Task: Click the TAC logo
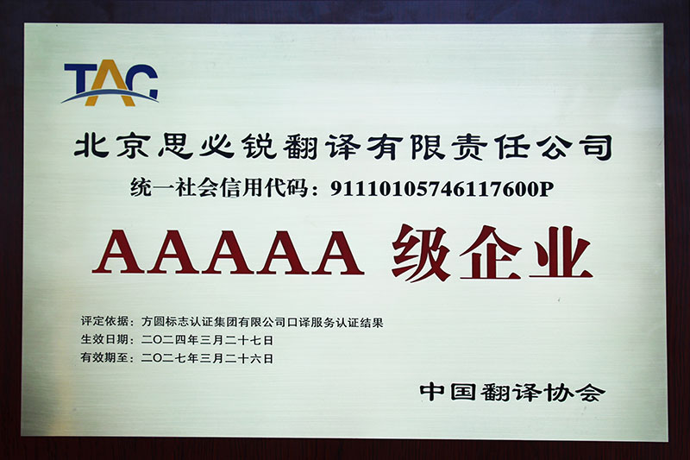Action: point(110,84)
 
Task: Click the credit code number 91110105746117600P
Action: point(442,189)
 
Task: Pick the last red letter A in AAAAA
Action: point(338,252)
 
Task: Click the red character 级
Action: point(421,253)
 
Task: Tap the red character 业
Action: point(560,253)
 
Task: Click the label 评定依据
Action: point(103,321)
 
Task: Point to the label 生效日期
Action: point(103,339)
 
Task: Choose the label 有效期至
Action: point(103,357)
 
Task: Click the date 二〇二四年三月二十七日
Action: point(207,340)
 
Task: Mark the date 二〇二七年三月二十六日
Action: point(207,358)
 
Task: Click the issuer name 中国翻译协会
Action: point(512,392)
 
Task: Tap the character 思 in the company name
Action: point(175,146)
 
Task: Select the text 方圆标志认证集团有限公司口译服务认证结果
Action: point(262,322)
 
